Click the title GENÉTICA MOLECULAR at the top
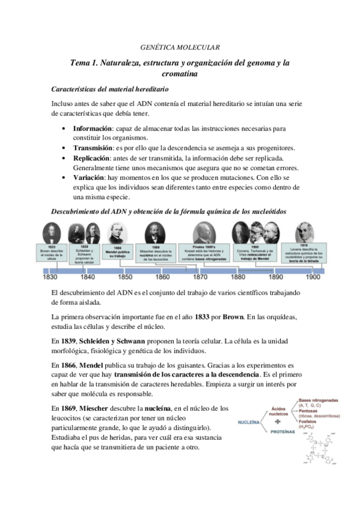pos(180,46)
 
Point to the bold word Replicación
pos(92,157)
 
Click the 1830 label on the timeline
pos(50,278)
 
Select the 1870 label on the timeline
pos(201,278)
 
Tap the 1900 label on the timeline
pos(313,278)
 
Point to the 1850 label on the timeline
pos(125,278)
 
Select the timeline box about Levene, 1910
pos(311,252)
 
